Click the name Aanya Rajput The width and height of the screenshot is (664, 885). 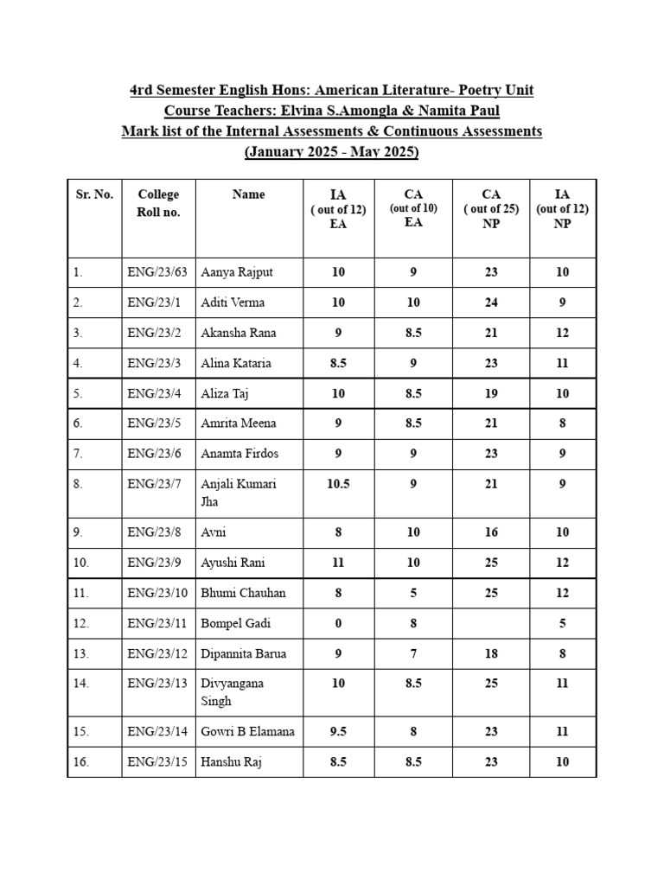click(236, 272)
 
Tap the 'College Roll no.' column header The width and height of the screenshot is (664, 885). click(158, 203)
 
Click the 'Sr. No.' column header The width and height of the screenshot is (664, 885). click(93, 194)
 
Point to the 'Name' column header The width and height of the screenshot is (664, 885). click(248, 194)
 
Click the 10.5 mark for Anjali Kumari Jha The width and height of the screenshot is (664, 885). click(338, 484)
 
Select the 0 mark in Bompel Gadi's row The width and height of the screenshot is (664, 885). click(338, 623)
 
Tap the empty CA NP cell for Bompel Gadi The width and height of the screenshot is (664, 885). click(491, 623)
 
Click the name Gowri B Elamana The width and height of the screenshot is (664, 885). click(247, 731)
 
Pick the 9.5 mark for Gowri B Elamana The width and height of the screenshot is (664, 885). click(338, 731)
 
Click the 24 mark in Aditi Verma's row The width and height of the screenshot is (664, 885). click(491, 302)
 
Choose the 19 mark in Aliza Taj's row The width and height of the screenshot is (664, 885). click(491, 393)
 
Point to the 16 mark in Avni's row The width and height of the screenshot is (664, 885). click(491, 532)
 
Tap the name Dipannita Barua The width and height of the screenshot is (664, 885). click(243, 653)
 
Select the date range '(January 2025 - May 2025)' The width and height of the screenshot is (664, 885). click(332, 152)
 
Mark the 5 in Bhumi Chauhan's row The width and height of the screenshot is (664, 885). click(413, 593)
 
